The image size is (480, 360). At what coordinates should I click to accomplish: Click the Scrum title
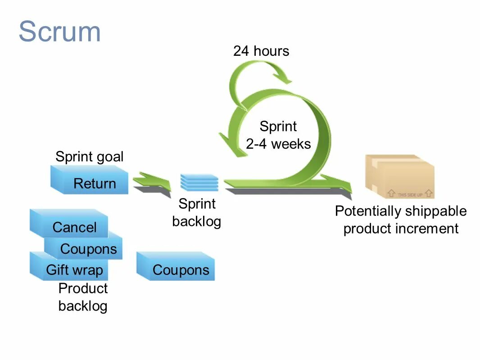pos(59,31)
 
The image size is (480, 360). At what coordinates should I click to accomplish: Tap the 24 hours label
pos(261,51)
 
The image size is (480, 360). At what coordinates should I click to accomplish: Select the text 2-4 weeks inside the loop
pos(278,144)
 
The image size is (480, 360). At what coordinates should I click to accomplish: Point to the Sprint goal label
pos(89,157)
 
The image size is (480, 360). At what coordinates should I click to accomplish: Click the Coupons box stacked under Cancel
pos(88,249)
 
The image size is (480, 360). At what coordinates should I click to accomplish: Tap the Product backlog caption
pos(83,297)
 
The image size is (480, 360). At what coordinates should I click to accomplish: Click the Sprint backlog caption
pos(197,212)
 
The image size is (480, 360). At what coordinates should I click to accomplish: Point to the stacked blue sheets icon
pos(199,183)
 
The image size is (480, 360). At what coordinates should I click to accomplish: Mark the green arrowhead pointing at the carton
pos(344,185)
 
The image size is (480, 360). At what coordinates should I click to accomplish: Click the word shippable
pos(435,211)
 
